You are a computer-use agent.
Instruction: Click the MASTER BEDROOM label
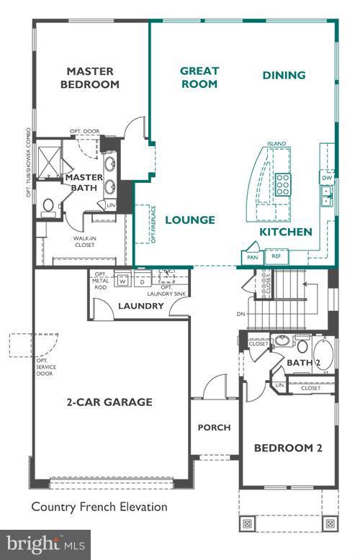point(92,78)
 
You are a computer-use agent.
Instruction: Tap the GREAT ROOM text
point(199,77)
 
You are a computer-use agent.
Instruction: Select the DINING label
point(284,75)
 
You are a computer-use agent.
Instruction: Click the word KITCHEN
point(286,232)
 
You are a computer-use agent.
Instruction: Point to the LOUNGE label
point(190,220)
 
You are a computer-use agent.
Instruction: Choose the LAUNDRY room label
point(141,307)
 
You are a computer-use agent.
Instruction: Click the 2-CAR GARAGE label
point(110,402)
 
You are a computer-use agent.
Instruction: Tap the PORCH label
point(215,428)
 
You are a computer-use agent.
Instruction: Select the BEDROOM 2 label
point(288,448)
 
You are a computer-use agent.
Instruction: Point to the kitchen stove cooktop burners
point(283,185)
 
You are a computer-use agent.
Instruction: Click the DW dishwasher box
point(327,177)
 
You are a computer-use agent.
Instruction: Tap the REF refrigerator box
point(275,256)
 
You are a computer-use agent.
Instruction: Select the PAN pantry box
point(252,257)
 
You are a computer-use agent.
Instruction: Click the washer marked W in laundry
point(122,281)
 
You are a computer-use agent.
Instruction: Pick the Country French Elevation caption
point(99,507)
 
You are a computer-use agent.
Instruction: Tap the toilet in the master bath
point(48,207)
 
